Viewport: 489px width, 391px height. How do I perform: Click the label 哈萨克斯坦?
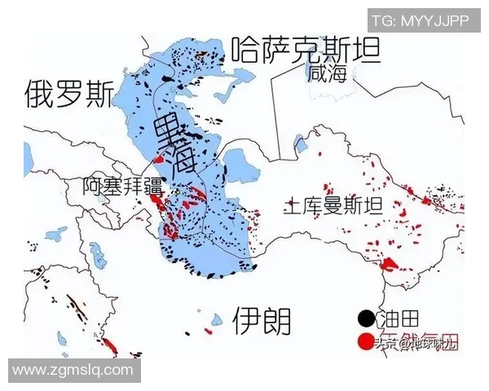[306, 51]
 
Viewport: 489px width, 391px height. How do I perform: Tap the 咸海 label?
[328, 74]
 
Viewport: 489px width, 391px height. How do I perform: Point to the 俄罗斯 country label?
[68, 94]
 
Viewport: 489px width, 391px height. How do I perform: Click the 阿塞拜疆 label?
[123, 186]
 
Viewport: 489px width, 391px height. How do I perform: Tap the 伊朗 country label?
[262, 321]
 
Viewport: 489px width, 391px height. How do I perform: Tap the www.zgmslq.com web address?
[73, 370]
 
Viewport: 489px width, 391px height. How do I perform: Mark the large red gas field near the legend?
[392, 264]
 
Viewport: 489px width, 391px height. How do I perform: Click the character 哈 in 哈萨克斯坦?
[245, 51]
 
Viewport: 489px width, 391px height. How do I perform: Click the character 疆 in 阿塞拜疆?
[152, 186]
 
